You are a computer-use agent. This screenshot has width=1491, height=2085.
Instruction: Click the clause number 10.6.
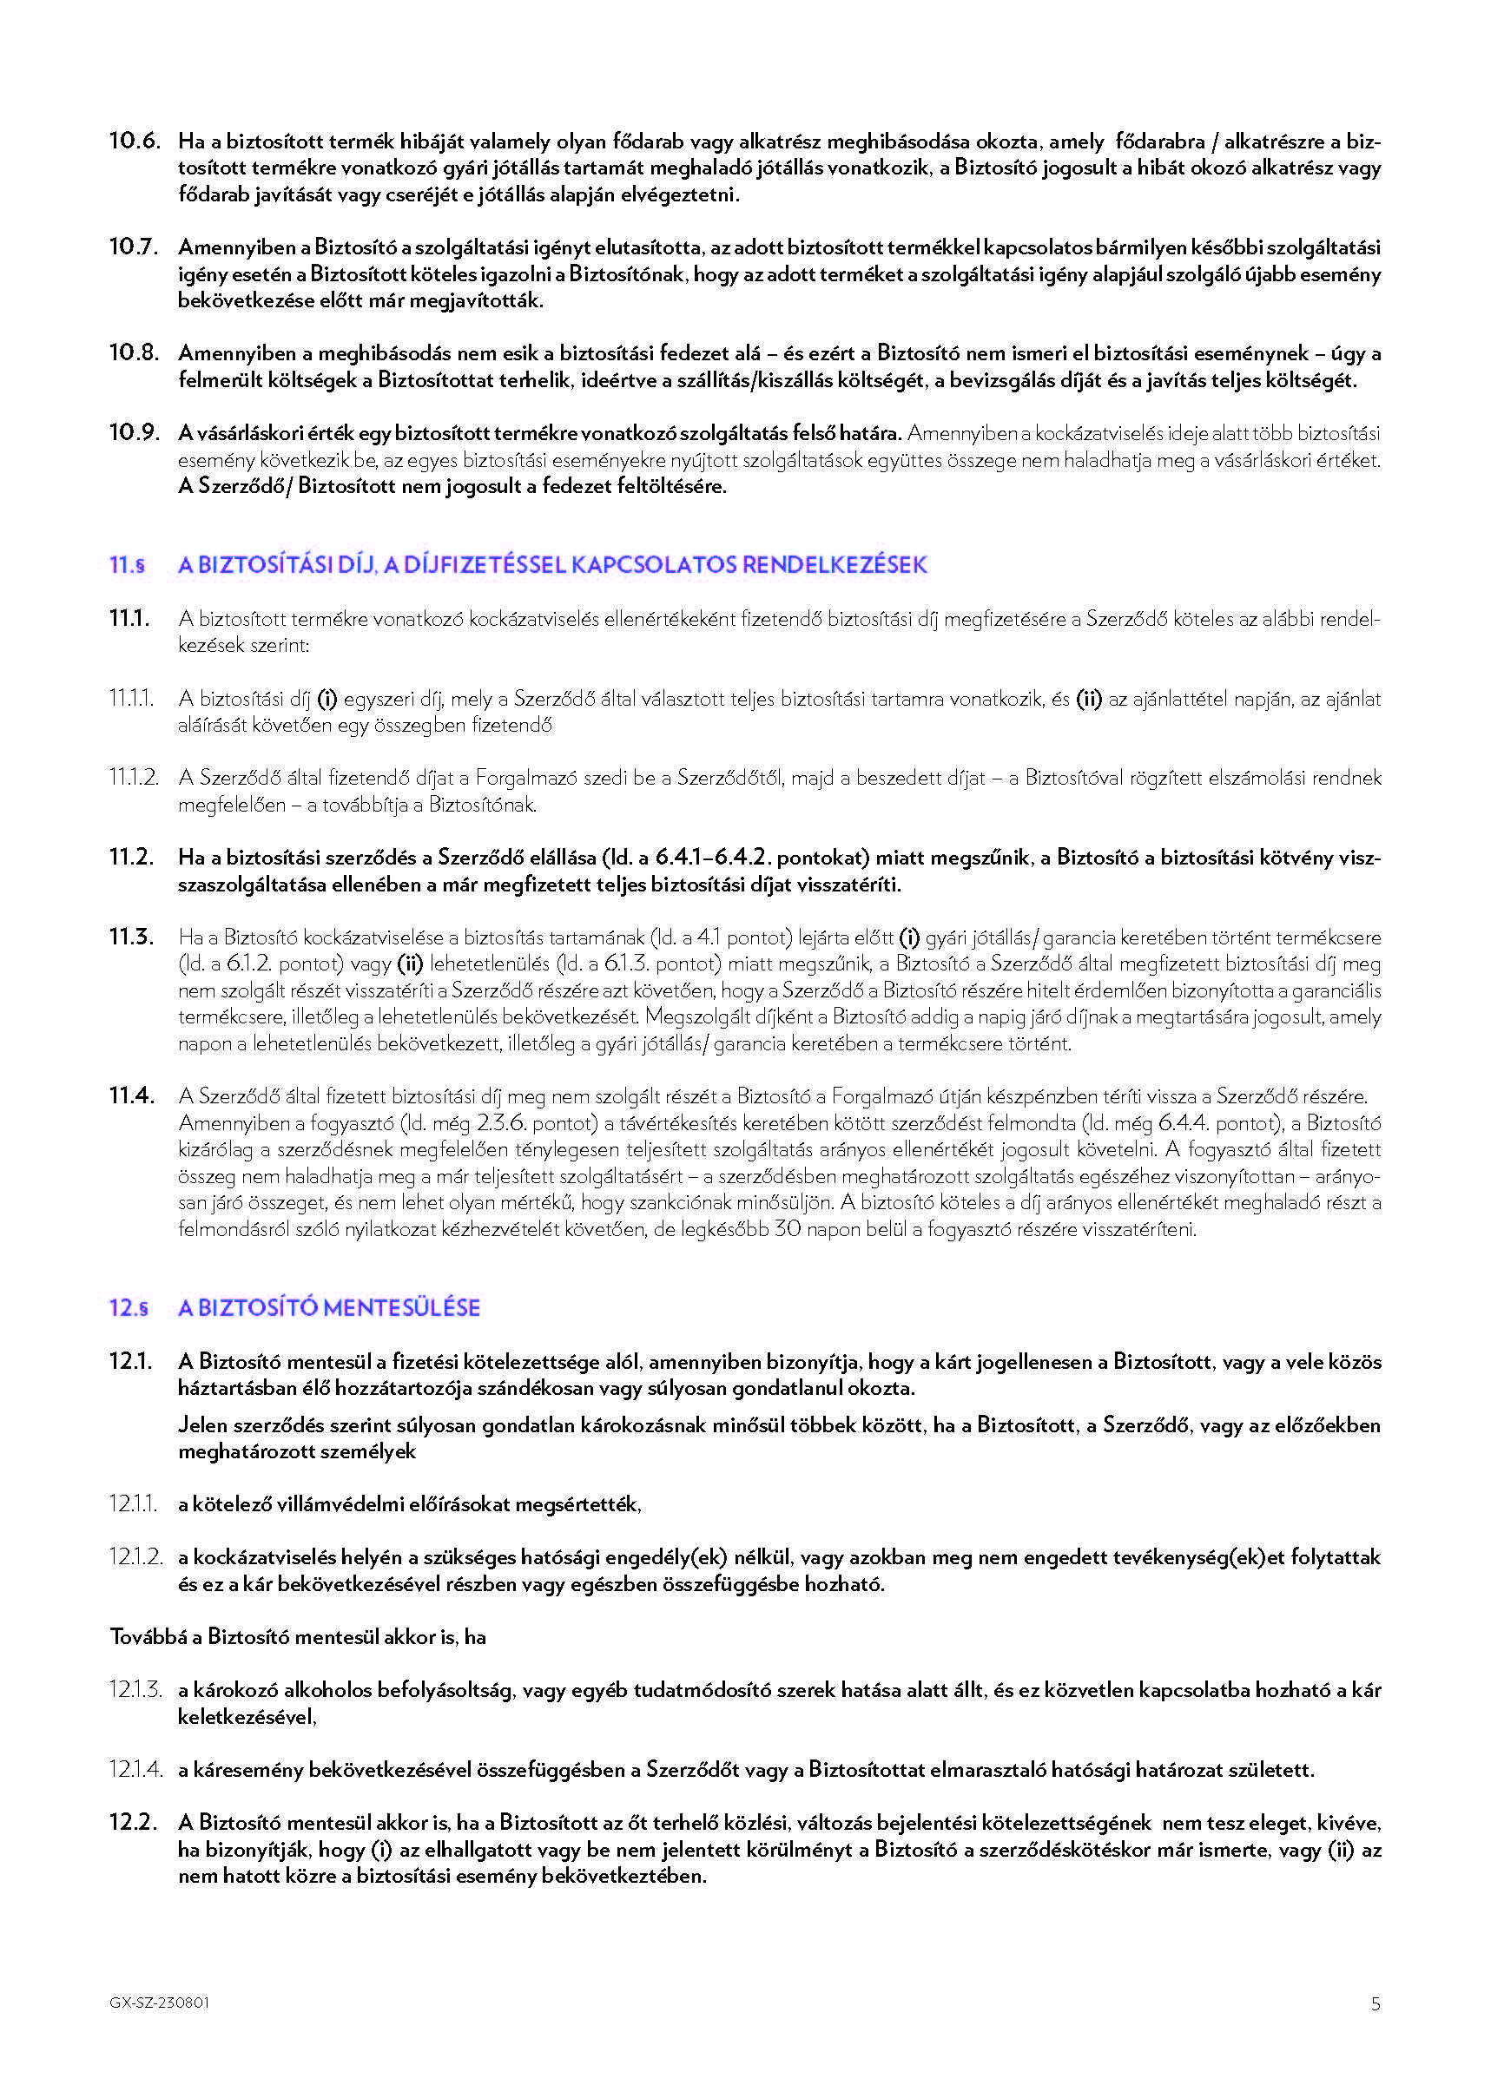(x=134, y=141)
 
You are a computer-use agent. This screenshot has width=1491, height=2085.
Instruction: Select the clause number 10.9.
(x=134, y=433)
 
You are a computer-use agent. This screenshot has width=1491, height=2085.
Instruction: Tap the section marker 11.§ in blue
(x=128, y=565)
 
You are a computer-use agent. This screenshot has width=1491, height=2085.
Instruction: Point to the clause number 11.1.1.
(x=132, y=700)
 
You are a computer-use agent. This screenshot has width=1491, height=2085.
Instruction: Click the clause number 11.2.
(x=131, y=858)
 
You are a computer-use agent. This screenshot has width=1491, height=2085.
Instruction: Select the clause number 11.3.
(x=131, y=937)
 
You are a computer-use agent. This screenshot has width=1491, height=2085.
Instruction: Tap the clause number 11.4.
(x=131, y=1095)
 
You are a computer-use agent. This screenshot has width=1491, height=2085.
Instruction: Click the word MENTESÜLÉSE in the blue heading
(x=401, y=1309)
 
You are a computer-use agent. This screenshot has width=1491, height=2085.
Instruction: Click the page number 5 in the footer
(x=1376, y=2005)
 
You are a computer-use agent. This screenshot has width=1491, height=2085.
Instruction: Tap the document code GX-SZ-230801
(x=159, y=2003)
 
